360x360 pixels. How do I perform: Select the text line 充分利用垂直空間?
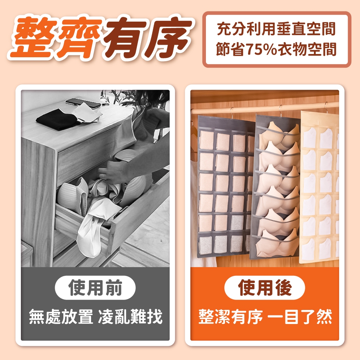[x=276, y=29]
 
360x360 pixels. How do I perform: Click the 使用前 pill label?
[x=95, y=287]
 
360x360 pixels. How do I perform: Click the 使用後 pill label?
[x=265, y=287]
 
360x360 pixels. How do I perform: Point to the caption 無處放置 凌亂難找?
[x=95, y=316]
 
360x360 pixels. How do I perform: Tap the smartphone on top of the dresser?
[x=83, y=103]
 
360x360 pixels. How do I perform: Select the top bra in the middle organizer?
[x=279, y=134]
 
